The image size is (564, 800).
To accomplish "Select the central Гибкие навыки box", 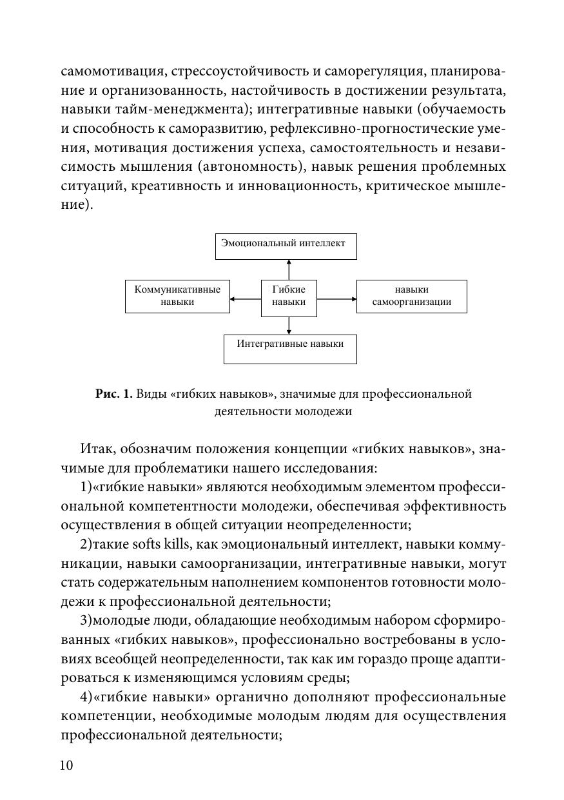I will pos(289,298).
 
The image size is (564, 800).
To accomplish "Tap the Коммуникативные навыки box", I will pos(177,297).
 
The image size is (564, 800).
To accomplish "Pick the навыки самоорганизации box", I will pos(411,297).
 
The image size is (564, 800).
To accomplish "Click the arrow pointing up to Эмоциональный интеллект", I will pos(289,269).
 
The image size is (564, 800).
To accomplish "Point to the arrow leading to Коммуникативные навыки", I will pos(245,298).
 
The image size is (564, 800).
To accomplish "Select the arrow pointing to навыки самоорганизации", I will pos(336,298).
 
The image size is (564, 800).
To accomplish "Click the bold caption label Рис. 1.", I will pos(113,394).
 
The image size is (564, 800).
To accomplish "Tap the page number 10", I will pos(66,765).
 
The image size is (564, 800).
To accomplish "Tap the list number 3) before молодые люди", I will pos(86,621).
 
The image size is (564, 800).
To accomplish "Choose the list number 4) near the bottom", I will pos(86,697).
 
